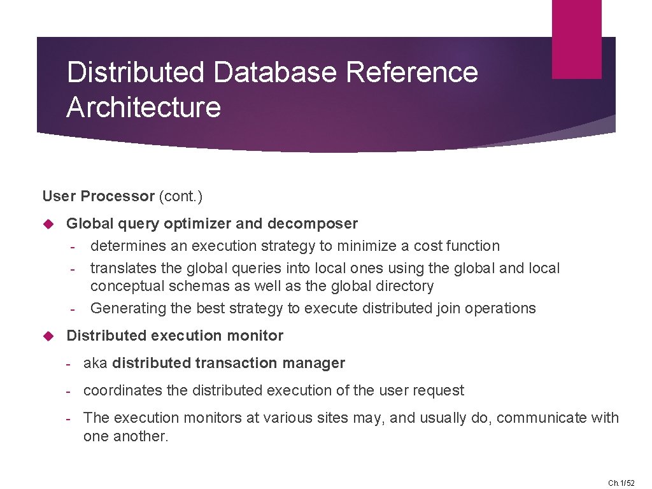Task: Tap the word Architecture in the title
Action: click(143, 106)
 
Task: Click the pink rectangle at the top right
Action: click(576, 39)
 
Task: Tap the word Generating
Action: click(128, 308)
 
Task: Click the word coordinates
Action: click(123, 390)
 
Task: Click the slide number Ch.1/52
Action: click(621, 483)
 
